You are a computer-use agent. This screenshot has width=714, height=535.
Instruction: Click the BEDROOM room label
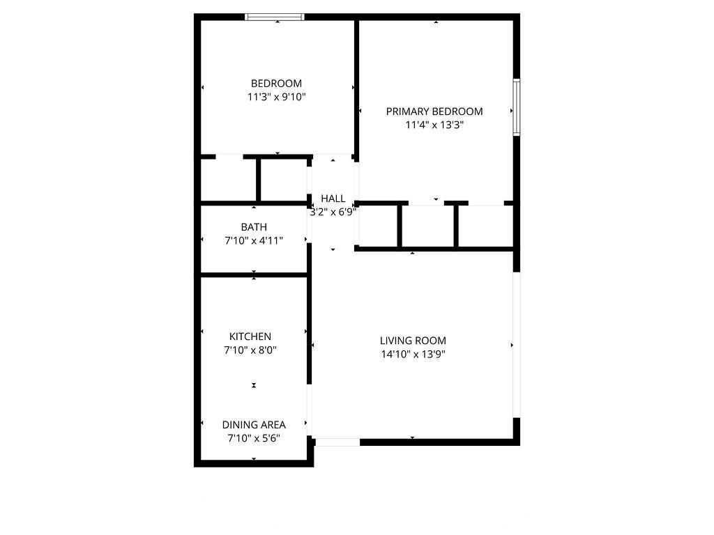point(276,84)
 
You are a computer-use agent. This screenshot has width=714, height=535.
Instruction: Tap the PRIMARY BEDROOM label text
point(434,111)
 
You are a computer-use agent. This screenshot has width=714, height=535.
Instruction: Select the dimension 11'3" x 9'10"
point(276,97)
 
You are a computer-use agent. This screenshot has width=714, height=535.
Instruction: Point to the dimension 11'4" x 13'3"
point(434,125)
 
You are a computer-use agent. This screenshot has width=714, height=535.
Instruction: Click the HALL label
point(333,199)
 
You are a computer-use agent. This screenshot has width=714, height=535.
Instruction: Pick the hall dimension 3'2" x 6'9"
point(333,212)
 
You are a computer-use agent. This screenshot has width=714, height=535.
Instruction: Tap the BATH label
point(254,227)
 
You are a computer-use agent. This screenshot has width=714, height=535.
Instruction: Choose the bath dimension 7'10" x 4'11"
point(254,240)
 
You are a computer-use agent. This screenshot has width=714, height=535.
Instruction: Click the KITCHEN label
point(250,336)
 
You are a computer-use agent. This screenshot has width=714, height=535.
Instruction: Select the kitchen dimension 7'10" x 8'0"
point(250,350)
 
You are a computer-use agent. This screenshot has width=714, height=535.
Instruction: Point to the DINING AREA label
point(254,425)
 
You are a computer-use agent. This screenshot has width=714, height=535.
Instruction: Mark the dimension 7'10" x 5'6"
point(254,439)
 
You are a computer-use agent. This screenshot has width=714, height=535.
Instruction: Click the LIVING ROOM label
point(413,341)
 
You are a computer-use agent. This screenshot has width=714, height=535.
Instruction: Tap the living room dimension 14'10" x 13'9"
point(413,355)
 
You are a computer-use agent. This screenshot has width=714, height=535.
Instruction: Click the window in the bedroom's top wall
point(275,17)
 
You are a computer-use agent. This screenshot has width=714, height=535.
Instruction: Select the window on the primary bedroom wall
point(517,107)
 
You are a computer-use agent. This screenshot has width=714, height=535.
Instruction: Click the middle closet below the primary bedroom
point(427,226)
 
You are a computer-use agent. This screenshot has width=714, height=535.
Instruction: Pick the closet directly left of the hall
point(284,180)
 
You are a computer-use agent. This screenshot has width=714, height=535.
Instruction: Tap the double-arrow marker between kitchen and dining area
point(254,385)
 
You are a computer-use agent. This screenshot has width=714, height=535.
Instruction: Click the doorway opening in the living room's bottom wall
point(337,442)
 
